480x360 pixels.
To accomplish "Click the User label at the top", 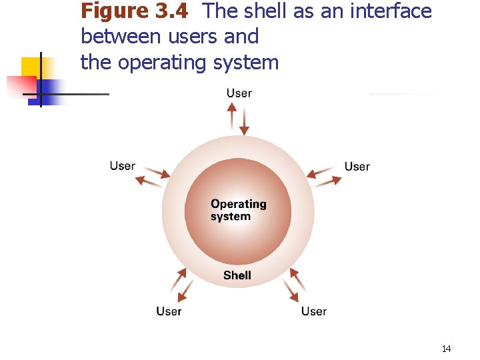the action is pyautogui.click(x=239, y=93).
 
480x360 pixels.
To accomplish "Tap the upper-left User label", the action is pyautogui.click(x=123, y=166).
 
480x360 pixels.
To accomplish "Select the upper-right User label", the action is pyautogui.click(x=357, y=166).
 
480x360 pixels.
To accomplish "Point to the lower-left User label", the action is pyautogui.click(x=169, y=311).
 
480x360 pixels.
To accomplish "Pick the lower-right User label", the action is pyautogui.click(x=313, y=311).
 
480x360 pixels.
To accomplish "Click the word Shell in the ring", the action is pyautogui.click(x=237, y=275).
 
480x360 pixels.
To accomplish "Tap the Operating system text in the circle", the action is pyautogui.click(x=238, y=210).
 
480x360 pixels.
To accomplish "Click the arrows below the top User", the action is pyautogui.click(x=238, y=118).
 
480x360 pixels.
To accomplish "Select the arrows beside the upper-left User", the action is pyautogui.click(x=154, y=176).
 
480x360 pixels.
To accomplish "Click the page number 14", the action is pyautogui.click(x=446, y=349).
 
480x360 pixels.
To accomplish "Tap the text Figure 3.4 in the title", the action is pyautogui.click(x=134, y=11).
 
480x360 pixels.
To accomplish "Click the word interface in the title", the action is pyautogui.click(x=387, y=11).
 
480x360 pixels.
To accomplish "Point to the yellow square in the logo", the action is pyautogui.click(x=31, y=67).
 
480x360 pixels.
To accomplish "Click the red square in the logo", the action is pyautogui.click(x=20, y=86).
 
